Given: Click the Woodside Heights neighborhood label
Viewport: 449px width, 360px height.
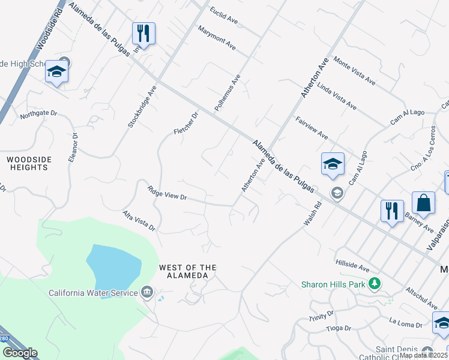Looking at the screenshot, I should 28,163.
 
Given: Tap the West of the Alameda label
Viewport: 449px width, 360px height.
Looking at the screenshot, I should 187,271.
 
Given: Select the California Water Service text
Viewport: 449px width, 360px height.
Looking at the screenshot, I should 93,293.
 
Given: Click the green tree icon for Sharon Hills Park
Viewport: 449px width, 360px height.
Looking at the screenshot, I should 375,283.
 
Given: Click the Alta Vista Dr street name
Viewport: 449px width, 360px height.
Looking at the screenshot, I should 139,221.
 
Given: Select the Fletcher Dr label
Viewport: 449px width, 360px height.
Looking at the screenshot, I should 186,123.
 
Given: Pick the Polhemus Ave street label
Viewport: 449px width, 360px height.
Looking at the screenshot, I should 228,92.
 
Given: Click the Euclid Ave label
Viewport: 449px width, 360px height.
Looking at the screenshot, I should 224,16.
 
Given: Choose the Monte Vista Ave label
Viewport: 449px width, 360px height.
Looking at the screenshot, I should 354,71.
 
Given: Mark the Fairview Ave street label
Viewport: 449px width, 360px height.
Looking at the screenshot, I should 312,127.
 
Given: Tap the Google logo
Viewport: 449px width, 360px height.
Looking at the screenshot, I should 20,353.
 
